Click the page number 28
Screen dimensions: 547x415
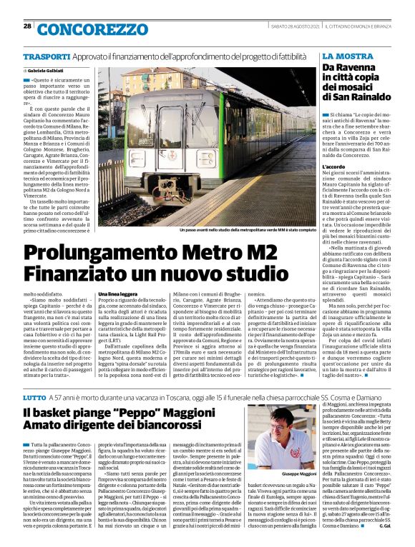tap(27, 26)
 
